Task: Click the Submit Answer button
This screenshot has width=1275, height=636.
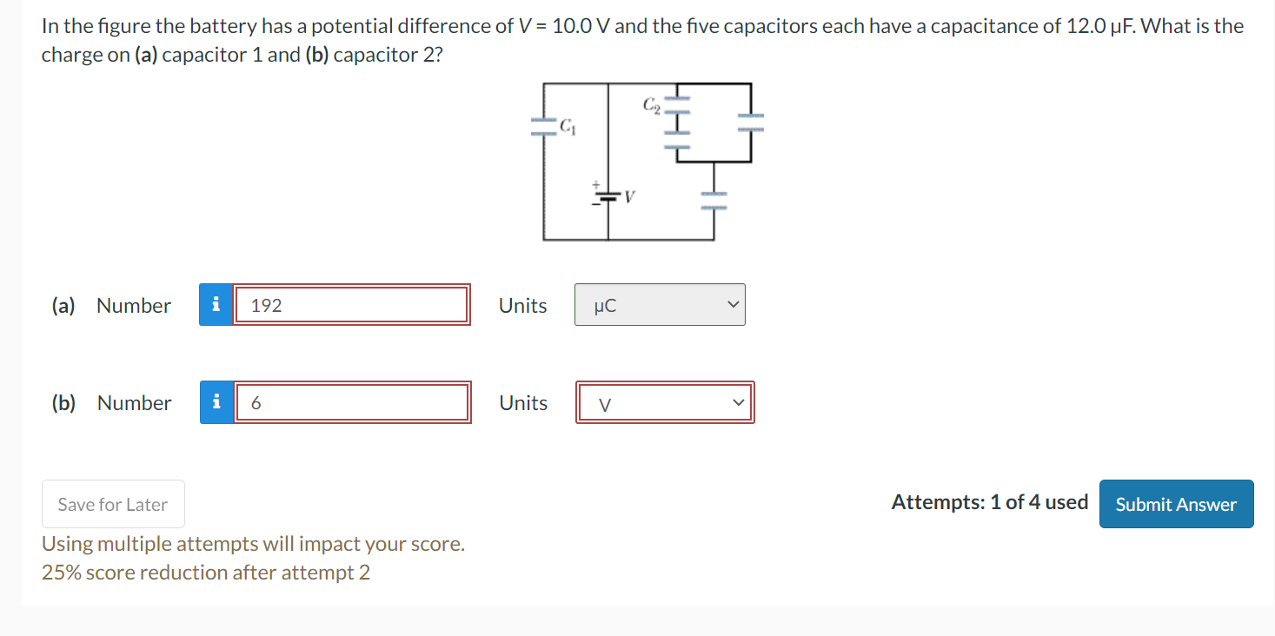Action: [x=1176, y=504]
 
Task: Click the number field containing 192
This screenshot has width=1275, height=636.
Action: [x=352, y=305]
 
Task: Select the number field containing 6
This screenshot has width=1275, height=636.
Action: [x=352, y=403]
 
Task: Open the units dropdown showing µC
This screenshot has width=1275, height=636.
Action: [x=659, y=305]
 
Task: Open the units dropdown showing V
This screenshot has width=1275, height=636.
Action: [x=664, y=403]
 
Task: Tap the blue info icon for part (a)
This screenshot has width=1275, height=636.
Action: [x=216, y=305]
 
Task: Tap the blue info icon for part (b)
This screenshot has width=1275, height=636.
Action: [x=216, y=403]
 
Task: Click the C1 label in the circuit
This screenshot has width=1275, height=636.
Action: [x=567, y=127]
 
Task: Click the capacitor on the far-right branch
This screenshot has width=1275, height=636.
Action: [x=751, y=122]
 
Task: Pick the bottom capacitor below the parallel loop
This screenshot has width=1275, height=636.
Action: [x=714, y=200]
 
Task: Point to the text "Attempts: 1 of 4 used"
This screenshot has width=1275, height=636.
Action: [x=989, y=502]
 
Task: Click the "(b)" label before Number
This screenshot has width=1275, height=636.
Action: [x=63, y=403]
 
